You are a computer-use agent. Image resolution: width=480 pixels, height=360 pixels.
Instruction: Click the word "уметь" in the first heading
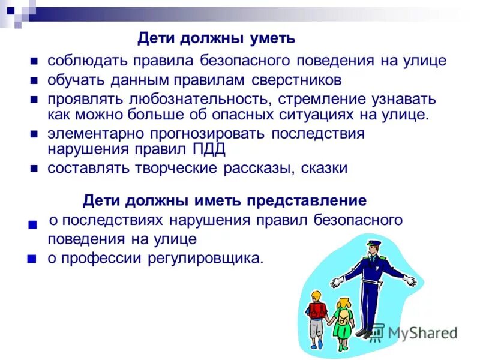(x=273, y=38)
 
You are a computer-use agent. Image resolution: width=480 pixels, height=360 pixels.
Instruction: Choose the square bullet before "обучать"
(x=35, y=80)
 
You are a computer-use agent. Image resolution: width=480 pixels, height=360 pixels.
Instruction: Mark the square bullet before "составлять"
(x=35, y=169)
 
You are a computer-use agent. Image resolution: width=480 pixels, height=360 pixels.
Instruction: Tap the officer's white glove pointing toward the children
(x=337, y=280)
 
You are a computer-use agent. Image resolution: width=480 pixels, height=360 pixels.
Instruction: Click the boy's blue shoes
(x=316, y=347)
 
